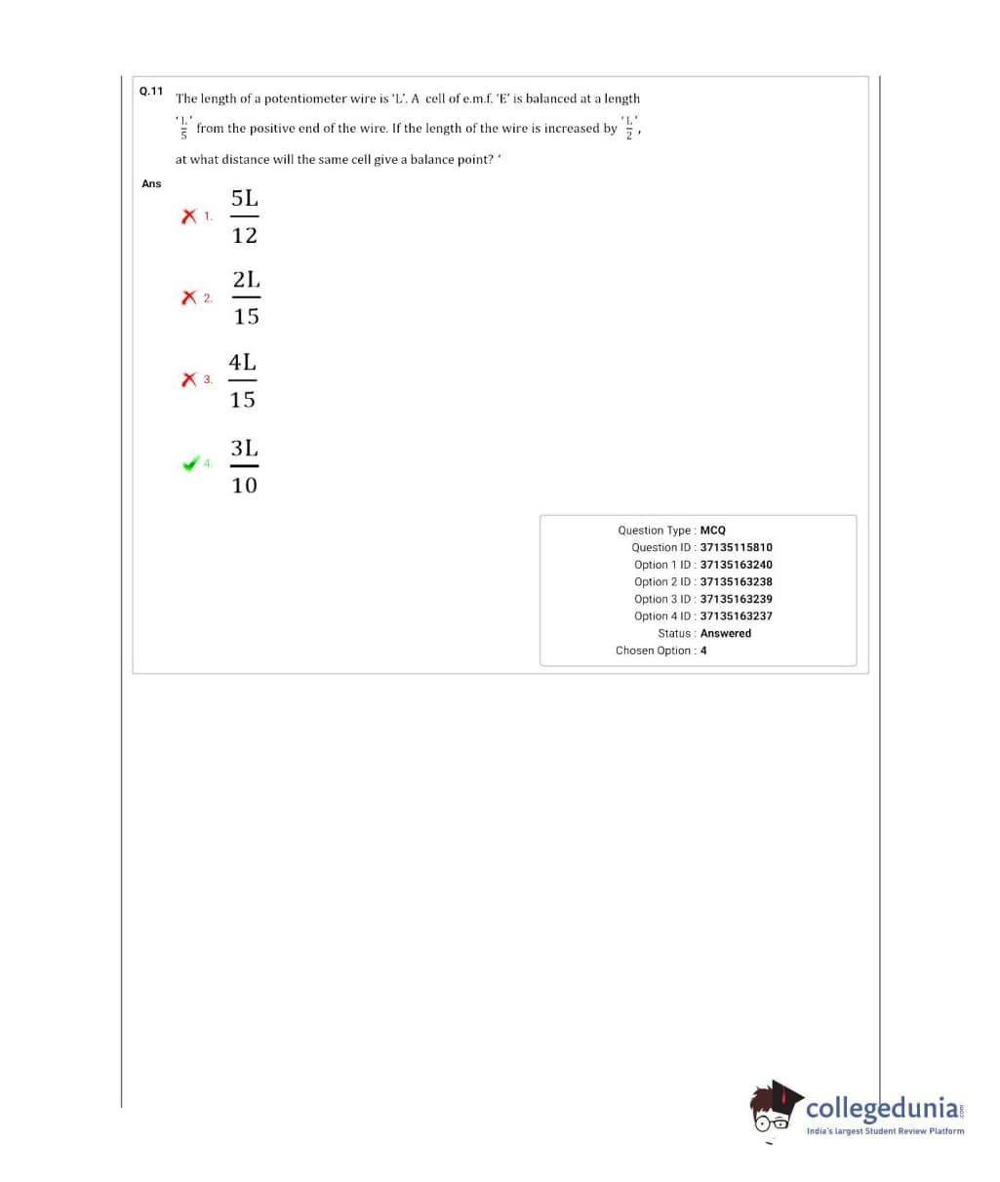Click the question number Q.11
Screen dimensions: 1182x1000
point(151,91)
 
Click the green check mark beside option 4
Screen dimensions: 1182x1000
point(191,463)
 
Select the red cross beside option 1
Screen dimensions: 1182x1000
point(189,216)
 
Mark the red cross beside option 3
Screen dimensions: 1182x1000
point(189,378)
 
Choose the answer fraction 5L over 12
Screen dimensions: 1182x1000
point(245,217)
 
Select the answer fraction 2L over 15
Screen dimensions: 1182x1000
point(246,297)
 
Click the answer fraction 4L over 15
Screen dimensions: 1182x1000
point(243,380)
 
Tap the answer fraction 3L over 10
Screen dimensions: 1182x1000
point(244,466)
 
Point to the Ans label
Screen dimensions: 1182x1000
point(151,183)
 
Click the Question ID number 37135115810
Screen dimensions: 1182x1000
point(736,547)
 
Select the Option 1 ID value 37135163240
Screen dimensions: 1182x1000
point(736,565)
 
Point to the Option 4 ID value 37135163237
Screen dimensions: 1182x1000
point(736,616)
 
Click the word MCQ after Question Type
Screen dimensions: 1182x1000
point(712,531)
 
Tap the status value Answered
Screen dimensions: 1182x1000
point(726,633)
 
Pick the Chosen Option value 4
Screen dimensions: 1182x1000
point(703,650)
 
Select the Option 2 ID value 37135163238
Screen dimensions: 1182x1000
point(736,582)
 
